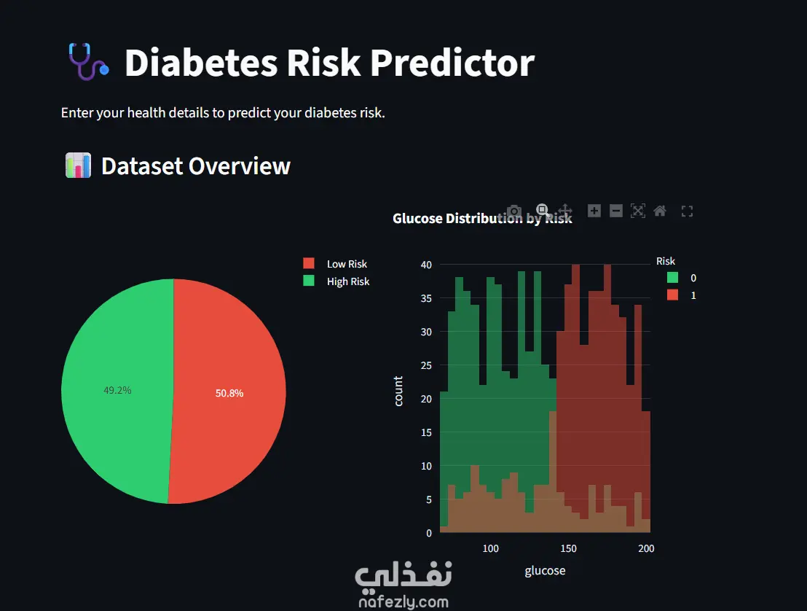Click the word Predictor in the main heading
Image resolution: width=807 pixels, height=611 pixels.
click(x=452, y=63)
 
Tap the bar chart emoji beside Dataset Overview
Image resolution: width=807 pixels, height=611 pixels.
click(x=78, y=166)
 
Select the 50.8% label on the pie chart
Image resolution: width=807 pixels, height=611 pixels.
click(x=229, y=393)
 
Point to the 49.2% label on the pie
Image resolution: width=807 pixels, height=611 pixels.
click(x=117, y=390)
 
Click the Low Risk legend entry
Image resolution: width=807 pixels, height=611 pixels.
click(x=346, y=264)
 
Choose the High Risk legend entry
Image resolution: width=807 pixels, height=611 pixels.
click(x=347, y=281)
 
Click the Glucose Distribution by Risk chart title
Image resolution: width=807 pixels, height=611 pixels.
click(x=481, y=218)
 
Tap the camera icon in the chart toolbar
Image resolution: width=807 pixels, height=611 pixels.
click(x=514, y=211)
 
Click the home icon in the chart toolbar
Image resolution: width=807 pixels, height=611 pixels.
click(x=660, y=211)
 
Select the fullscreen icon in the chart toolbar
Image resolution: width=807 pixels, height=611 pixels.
click(x=687, y=211)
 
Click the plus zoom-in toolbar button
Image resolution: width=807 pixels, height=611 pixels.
click(x=594, y=211)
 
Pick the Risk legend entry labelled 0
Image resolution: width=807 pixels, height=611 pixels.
click(x=693, y=278)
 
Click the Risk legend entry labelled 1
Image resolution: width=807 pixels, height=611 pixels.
click(x=693, y=295)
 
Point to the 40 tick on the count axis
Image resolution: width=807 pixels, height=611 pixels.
click(x=426, y=265)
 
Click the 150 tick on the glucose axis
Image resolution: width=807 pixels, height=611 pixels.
click(x=568, y=548)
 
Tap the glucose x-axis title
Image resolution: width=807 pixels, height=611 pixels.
click(x=545, y=570)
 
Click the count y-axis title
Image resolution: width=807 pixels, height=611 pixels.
click(x=398, y=391)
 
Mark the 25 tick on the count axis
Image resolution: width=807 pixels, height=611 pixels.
click(x=426, y=365)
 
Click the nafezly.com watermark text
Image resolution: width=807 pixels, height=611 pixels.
click(x=403, y=602)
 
